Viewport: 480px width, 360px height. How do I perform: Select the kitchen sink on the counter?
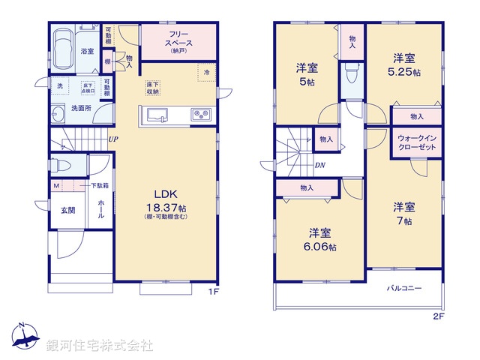click(x=158, y=115)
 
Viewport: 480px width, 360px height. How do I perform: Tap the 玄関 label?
click(x=68, y=211)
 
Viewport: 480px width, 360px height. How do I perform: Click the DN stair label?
click(x=319, y=165)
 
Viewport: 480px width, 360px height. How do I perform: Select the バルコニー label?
click(x=404, y=288)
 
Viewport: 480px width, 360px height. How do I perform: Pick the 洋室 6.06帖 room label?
click(x=320, y=238)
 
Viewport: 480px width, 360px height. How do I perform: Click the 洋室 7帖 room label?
click(x=405, y=213)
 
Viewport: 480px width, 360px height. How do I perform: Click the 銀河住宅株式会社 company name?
click(x=100, y=346)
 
